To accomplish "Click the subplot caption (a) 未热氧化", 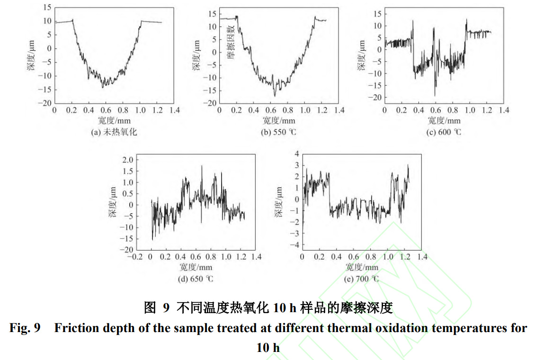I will [114, 132].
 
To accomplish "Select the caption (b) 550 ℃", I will [279, 132].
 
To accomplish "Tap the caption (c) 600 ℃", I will [444, 132].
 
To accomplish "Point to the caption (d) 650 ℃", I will [196, 279].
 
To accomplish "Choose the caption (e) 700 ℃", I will [361, 279].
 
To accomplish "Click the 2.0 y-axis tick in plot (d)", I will [128, 160].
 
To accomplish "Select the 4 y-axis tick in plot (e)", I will [297, 154].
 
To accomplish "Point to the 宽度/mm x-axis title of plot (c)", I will [444, 121].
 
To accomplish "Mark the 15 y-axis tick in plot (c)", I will [377, 13].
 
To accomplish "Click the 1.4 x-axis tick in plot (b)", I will [339, 110].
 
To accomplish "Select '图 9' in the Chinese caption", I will [157, 308].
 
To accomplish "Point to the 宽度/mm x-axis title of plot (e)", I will [362, 267].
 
